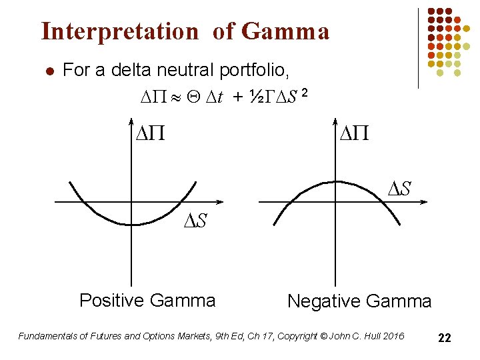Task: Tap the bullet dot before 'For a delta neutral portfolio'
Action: coord(46,71)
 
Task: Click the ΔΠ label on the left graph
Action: coord(151,135)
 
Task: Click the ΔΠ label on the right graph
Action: coord(355,135)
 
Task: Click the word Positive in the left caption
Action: coord(110,301)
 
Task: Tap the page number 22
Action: coord(445,339)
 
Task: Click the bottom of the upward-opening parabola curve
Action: coord(137,225)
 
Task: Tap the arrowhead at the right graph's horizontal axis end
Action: coord(419,201)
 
